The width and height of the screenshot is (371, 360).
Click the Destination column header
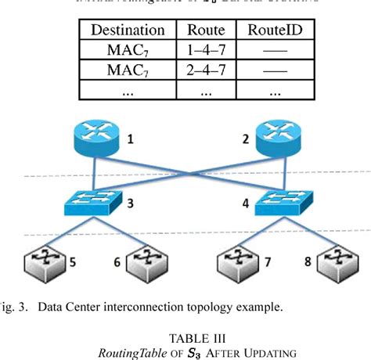(128, 31)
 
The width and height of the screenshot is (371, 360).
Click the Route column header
(206, 31)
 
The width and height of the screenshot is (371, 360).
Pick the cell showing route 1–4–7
(206, 52)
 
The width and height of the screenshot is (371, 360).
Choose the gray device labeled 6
(146, 260)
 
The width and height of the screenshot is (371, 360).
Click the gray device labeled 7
(236, 260)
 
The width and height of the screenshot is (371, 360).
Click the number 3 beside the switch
(130, 203)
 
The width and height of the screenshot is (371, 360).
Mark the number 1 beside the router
(131, 141)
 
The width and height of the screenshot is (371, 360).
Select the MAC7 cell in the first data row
(128, 52)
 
